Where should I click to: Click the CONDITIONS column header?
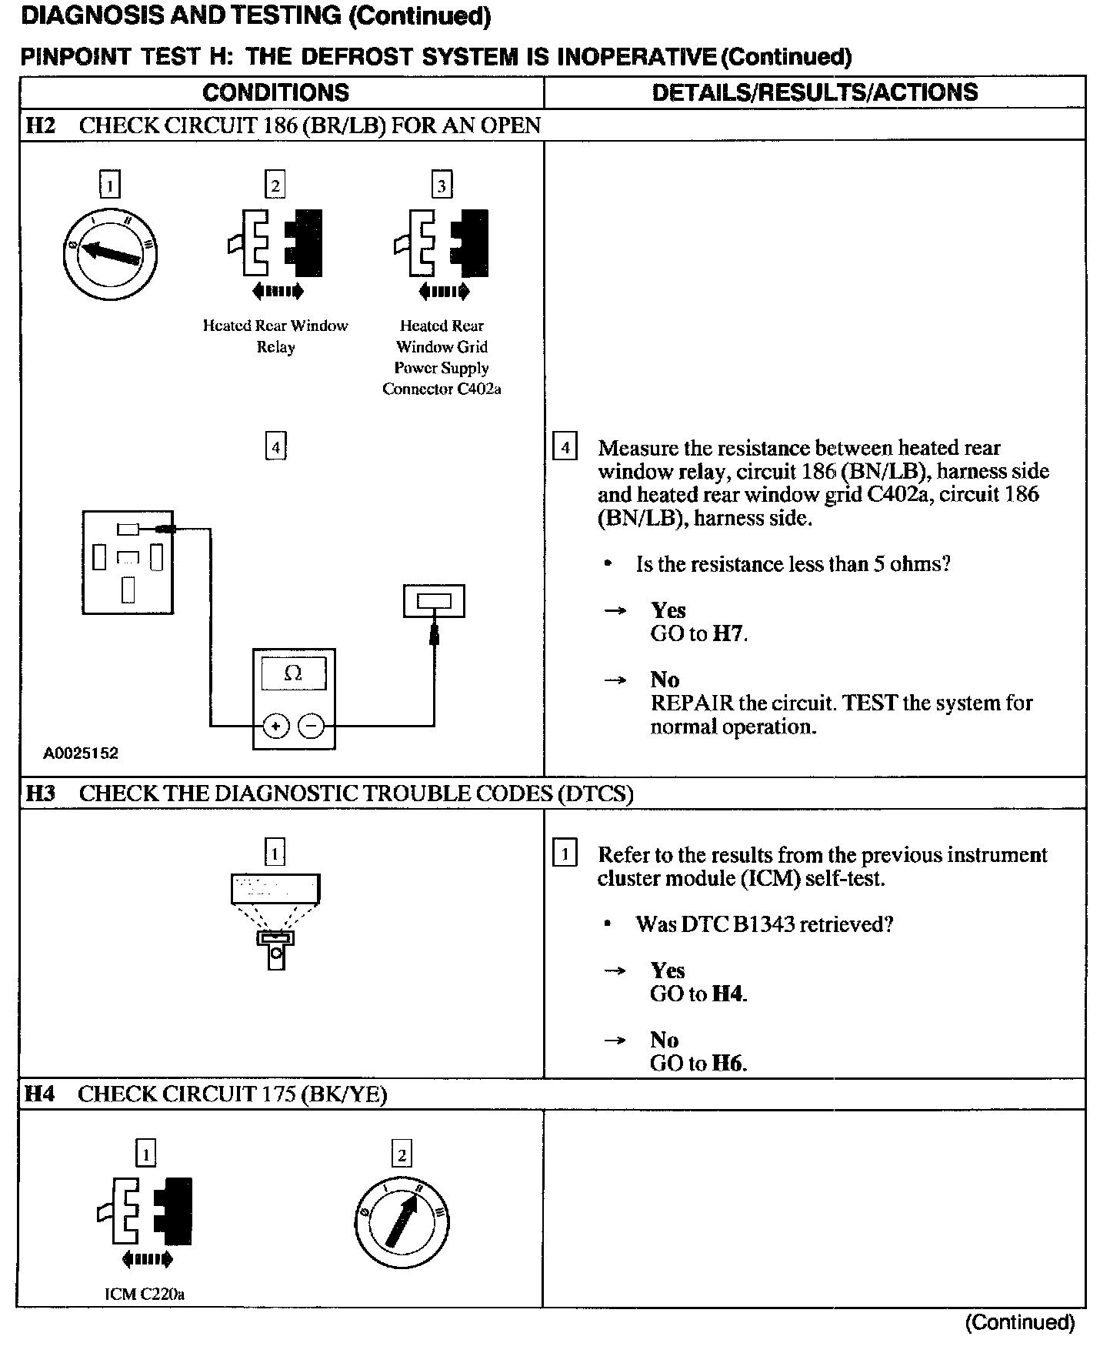tap(275, 92)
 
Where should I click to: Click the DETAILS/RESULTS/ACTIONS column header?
tap(815, 92)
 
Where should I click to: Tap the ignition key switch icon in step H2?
tap(110, 254)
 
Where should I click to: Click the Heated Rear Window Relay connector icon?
tap(275, 245)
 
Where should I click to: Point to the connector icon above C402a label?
tap(442, 245)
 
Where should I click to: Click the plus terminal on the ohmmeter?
tap(275, 726)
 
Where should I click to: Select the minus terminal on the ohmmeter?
tap(311, 726)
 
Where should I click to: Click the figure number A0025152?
tap(80, 753)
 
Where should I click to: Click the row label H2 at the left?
tap(40, 125)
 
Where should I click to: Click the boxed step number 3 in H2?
tap(442, 185)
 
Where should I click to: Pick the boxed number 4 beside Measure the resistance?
tap(565, 447)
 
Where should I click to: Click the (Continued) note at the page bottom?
tap(1019, 1322)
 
